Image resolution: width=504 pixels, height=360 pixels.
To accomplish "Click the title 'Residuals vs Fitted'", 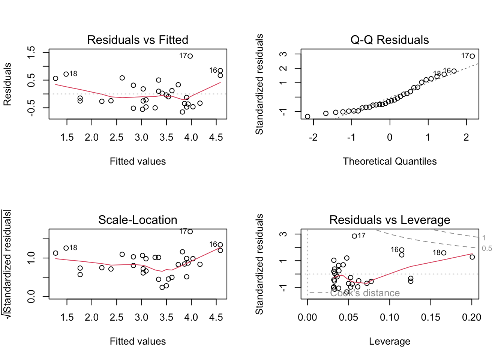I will (138, 40).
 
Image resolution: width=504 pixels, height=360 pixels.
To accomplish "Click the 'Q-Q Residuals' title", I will (390, 40).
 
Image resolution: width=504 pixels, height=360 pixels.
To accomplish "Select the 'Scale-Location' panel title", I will (138, 220).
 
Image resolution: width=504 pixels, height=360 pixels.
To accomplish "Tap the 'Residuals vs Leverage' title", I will (390, 220).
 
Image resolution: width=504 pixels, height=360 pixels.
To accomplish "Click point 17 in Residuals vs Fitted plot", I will (190, 56).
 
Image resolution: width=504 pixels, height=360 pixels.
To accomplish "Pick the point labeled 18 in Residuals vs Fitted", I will (66, 74).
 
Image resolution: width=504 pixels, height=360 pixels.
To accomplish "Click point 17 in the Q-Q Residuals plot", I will (472, 56).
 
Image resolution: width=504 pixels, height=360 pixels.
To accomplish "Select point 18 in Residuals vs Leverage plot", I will (444, 253).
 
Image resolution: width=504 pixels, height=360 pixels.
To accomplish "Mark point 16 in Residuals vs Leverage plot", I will (402, 250).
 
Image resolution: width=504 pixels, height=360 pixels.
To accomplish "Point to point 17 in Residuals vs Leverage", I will (354, 236).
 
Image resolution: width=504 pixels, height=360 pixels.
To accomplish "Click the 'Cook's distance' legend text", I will (365, 293).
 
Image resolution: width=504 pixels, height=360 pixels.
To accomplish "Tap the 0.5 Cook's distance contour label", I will (487, 249).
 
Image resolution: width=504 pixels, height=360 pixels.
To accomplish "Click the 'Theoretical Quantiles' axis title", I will (390, 161).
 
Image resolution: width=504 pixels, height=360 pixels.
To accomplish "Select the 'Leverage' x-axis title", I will (390, 341).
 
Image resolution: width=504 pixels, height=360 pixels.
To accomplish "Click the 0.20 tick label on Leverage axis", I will (471, 317).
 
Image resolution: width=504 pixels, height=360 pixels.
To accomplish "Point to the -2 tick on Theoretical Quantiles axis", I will (313, 137).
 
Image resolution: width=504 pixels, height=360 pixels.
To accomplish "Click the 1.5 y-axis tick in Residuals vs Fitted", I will (31, 52).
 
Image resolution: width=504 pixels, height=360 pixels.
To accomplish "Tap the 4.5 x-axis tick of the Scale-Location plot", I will (216, 317).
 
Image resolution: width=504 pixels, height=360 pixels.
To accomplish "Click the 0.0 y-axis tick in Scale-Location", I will (31, 296).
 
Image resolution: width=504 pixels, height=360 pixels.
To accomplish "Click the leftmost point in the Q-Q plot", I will (307, 117).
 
